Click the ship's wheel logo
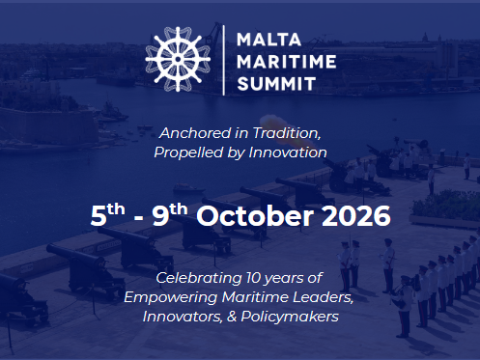coord(178,59)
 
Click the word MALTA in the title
coord(268,40)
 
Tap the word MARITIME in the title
coord(287,62)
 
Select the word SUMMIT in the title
coord(276,84)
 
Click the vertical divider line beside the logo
coord(224,60)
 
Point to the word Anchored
coord(195,133)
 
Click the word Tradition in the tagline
coord(287,133)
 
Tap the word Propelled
coord(188,152)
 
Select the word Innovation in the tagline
coord(288,152)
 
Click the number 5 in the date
coord(99,216)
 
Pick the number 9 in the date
coord(160,215)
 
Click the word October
coord(255,215)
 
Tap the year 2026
coord(356,215)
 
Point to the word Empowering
coord(171,297)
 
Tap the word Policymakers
coord(290,317)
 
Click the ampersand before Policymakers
coord(232,317)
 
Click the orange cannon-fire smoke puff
coord(283,128)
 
